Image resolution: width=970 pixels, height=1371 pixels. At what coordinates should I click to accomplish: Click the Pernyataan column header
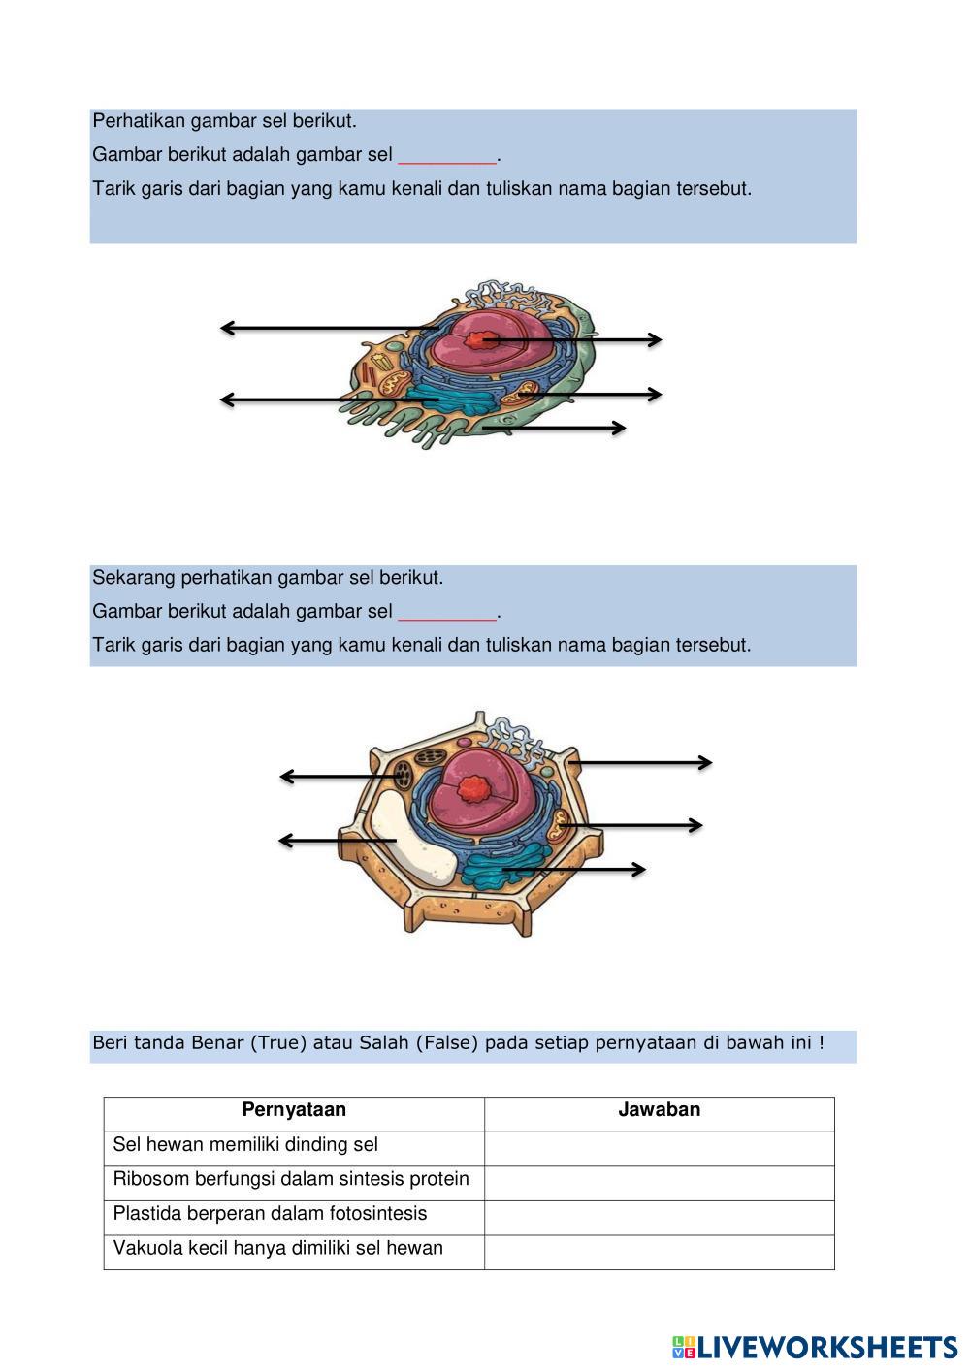[294, 1110]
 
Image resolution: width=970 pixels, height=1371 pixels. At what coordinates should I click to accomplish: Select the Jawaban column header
[659, 1110]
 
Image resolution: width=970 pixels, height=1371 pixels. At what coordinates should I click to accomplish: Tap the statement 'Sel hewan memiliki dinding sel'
[245, 1145]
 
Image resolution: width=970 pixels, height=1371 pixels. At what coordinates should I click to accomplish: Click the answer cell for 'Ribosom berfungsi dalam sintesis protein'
[659, 1180]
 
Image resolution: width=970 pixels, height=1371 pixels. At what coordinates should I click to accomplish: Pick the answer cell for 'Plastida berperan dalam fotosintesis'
[659, 1215]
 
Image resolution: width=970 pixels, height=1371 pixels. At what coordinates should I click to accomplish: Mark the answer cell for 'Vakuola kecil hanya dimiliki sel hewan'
[659, 1250]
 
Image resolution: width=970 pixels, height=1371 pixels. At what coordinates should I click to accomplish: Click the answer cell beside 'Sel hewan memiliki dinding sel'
[659, 1145]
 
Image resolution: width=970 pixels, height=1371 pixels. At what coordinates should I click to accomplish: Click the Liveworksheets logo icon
[683, 1347]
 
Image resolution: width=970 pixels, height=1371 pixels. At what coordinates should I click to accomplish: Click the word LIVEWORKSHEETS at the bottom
[827, 1347]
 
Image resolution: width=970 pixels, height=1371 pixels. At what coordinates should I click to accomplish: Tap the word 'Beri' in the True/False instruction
[110, 1043]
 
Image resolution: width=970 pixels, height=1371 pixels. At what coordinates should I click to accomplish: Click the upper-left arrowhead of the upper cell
[226, 328]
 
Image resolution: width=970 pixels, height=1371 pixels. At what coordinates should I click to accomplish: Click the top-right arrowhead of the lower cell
[706, 763]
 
